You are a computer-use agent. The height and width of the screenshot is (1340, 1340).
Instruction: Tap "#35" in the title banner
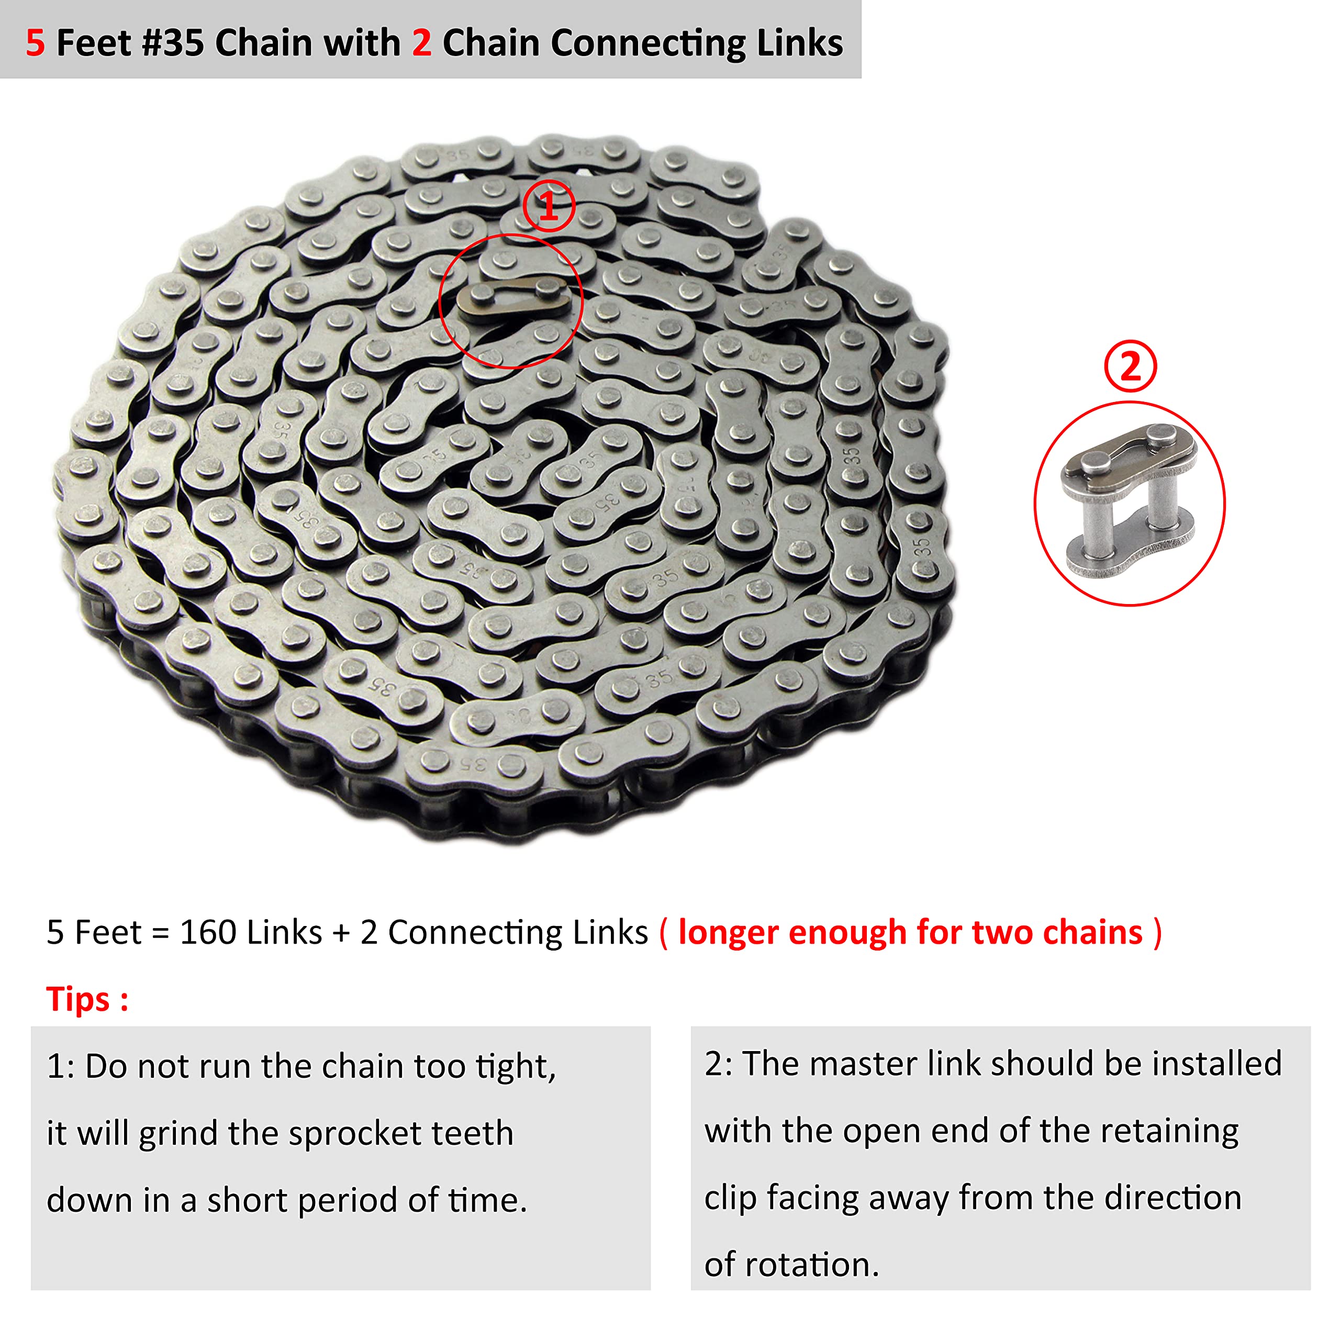pyautogui.click(x=173, y=43)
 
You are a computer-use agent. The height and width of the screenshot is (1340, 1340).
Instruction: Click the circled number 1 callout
pyautogui.click(x=548, y=206)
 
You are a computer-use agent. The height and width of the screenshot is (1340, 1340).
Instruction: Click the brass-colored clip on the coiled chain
pyautogui.click(x=514, y=298)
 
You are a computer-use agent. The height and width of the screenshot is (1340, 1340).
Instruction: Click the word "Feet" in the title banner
pyautogui.click(x=94, y=43)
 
